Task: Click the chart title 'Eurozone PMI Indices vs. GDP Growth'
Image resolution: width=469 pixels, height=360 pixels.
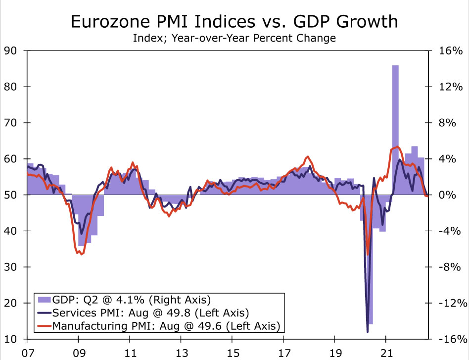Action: click(234, 21)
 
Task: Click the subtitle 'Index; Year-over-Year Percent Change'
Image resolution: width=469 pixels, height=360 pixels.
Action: click(234, 38)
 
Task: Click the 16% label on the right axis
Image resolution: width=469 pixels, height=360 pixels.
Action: click(450, 51)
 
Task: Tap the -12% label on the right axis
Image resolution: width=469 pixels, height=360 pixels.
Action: click(450, 304)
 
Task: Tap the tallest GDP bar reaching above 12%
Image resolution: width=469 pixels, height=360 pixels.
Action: click(395, 124)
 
